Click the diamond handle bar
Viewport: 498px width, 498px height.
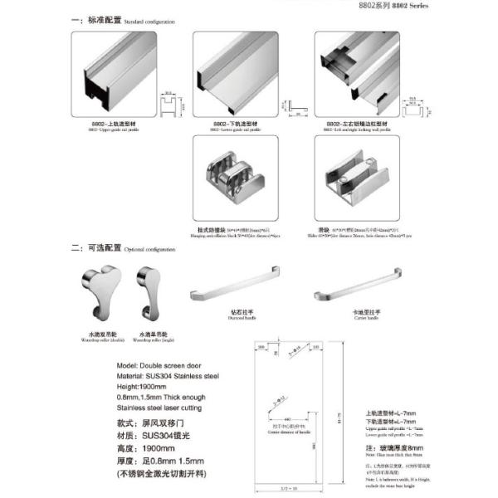point(240,287)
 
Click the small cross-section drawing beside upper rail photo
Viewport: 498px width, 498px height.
point(169,104)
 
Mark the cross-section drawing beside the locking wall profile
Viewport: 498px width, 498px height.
point(409,106)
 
